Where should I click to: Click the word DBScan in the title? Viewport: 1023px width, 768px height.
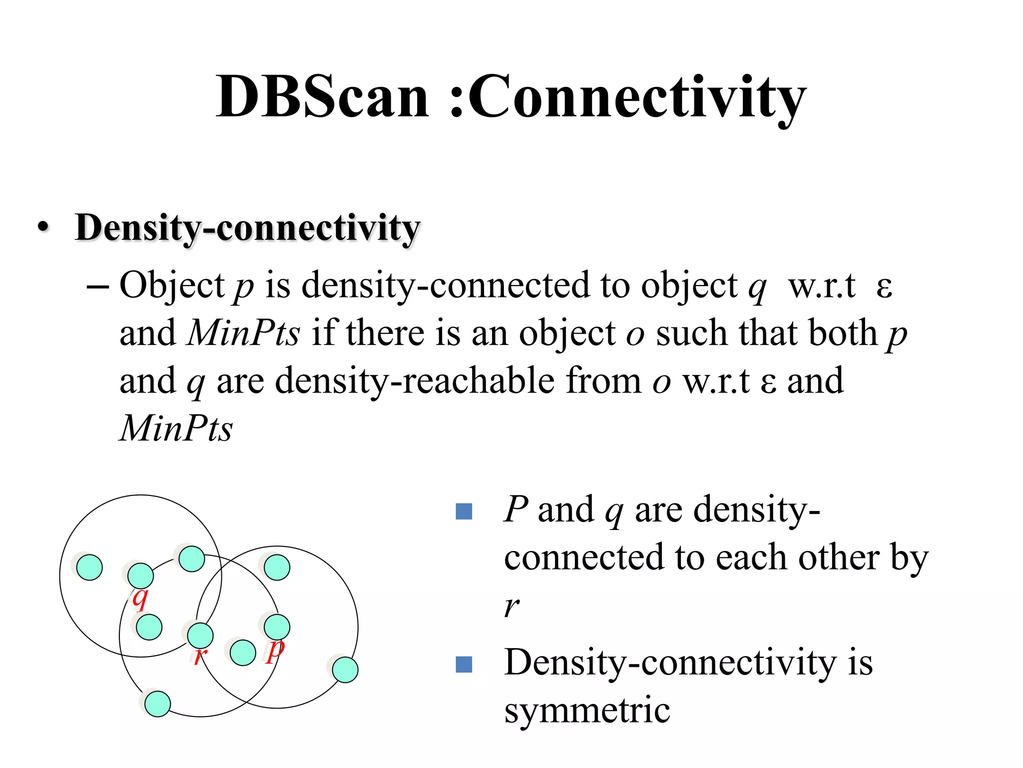click(322, 96)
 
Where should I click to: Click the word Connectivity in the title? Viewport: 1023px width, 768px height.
click(637, 97)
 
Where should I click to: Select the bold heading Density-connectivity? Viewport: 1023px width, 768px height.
click(247, 227)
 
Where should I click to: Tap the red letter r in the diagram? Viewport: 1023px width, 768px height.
click(200, 655)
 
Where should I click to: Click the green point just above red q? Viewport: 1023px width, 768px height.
click(140, 575)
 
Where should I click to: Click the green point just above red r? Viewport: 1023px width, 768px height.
click(200, 635)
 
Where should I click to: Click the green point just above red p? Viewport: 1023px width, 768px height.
click(277, 627)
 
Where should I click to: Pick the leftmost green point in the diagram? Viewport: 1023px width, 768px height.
click(89, 567)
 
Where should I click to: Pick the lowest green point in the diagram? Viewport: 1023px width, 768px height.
click(157, 704)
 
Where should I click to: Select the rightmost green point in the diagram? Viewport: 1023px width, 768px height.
click(345, 670)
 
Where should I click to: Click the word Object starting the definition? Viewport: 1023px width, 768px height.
click(172, 285)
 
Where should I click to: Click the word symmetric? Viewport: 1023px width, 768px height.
click(587, 710)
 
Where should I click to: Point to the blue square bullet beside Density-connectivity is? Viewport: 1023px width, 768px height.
click(464, 664)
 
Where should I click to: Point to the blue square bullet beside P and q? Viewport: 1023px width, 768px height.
click(464, 511)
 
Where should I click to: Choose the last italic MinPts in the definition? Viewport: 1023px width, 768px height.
click(176, 428)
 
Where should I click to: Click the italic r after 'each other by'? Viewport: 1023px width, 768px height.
click(511, 606)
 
